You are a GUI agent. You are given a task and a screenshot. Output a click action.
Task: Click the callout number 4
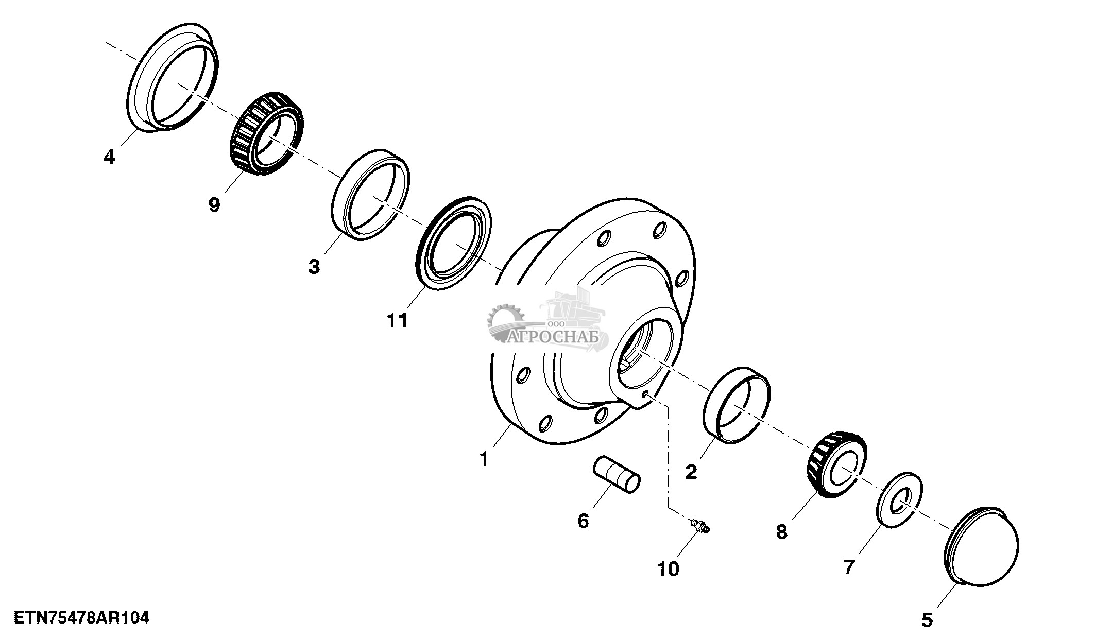coord(109,157)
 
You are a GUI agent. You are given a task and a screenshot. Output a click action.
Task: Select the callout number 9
coord(214,205)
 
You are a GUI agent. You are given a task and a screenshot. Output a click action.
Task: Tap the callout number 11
coord(397,320)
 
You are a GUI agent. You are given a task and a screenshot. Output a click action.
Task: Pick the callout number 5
coord(927,620)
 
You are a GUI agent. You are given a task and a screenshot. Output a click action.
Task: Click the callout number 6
coord(583,521)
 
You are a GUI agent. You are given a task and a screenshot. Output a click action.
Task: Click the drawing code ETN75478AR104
coord(81,617)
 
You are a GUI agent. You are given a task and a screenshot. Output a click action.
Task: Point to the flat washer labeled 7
coord(899,499)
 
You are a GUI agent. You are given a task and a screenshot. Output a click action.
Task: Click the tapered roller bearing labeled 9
coord(266,133)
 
